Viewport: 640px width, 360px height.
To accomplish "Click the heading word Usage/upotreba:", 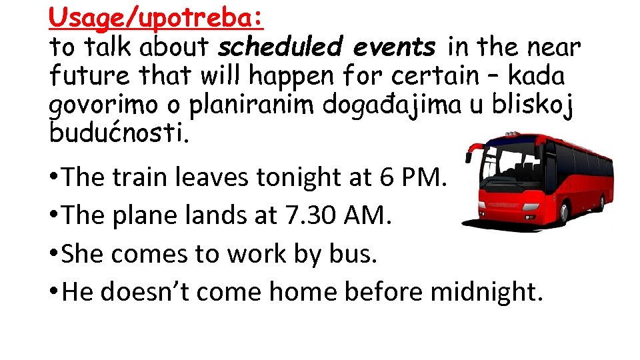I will [x=157, y=17].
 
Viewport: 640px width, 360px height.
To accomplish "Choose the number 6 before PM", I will [x=387, y=177].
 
